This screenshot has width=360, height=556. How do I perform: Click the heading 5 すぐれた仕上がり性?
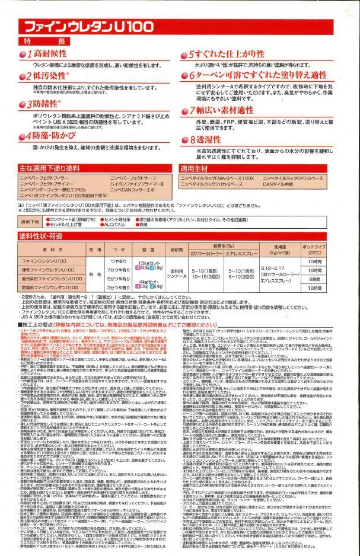[x=222, y=55]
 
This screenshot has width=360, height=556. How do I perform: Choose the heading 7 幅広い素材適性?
[x=222, y=111]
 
